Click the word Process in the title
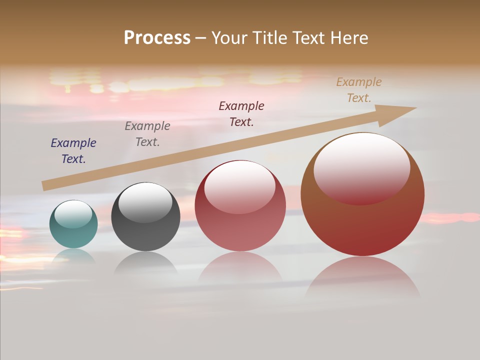pyautogui.click(x=157, y=38)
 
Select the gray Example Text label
pyautogui.click(x=147, y=134)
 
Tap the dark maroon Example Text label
pyautogui.click(x=241, y=113)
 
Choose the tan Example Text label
pyautogui.click(x=359, y=90)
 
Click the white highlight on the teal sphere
pyautogui.click(x=73, y=214)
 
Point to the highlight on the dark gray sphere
pyautogui.click(x=145, y=202)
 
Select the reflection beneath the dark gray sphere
pyautogui.click(x=145, y=262)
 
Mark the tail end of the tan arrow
pyautogui.click(x=45, y=186)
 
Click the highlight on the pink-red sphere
pyautogui.click(x=239, y=186)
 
